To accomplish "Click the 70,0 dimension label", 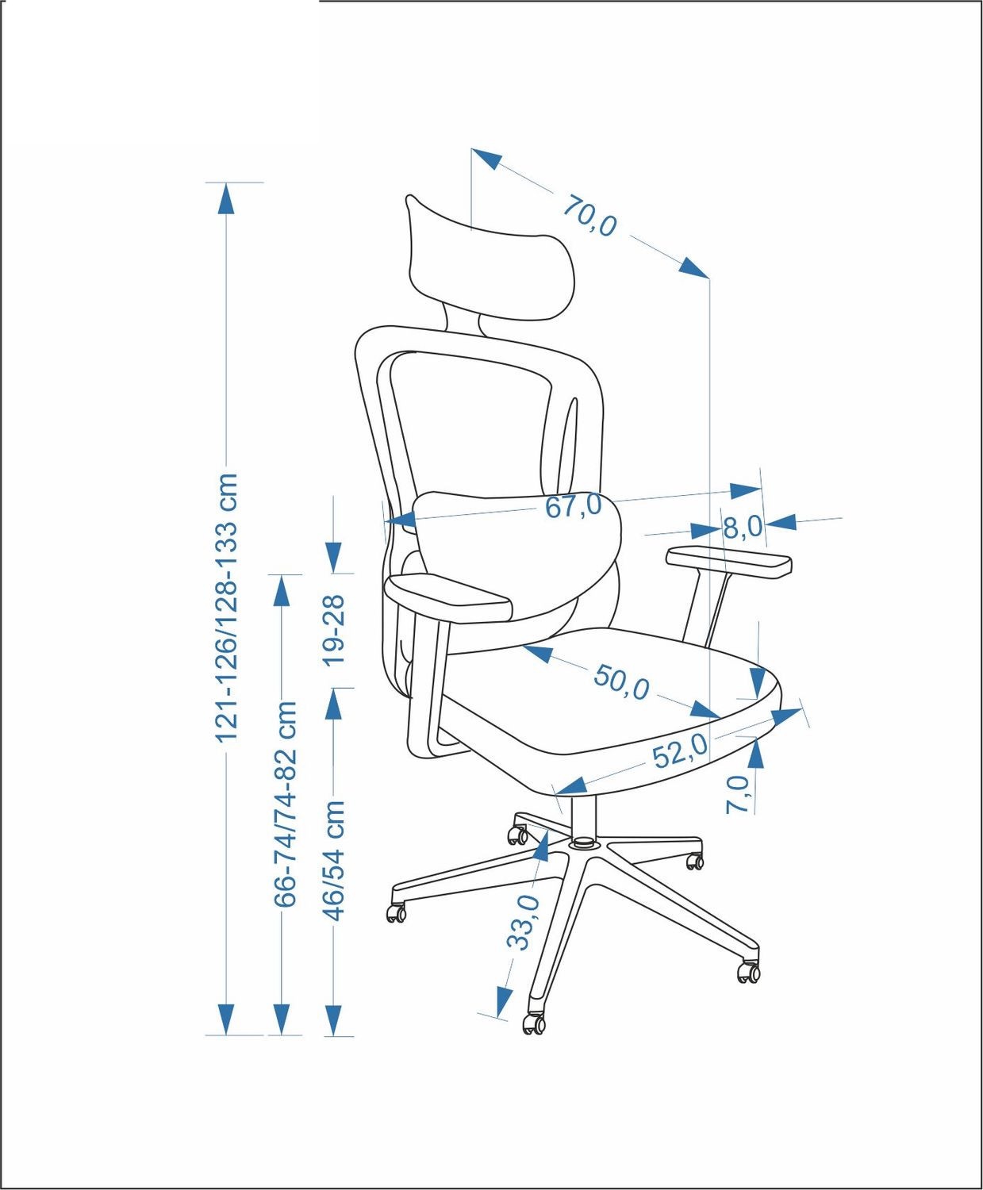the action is (x=589, y=216).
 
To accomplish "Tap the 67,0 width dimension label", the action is (x=574, y=505).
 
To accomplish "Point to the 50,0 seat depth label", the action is (x=621, y=682).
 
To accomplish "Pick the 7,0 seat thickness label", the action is (x=737, y=795).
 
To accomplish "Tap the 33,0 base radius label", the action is (x=524, y=923).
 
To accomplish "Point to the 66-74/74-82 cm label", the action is (x=285, y=804).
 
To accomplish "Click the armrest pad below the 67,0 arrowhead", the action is (x=448, y=598).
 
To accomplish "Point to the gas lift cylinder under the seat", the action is (x=583, y=819).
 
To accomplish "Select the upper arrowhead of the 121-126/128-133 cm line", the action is (x=226, y=198).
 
